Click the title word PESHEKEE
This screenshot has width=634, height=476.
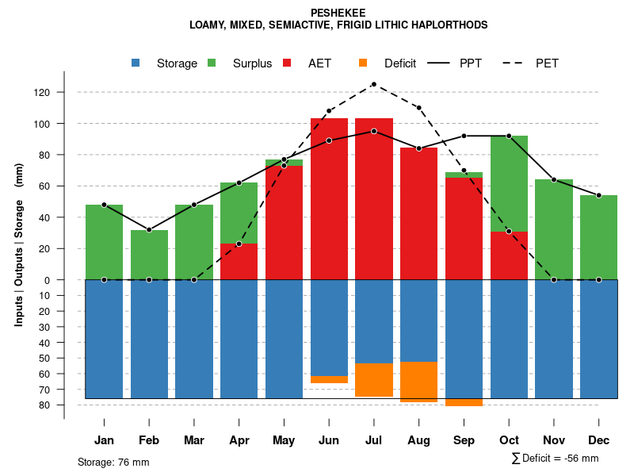click(x=338, y=13)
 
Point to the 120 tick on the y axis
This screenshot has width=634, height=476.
click(x=41, y=93)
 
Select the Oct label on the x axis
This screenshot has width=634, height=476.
click(x=509, y=440)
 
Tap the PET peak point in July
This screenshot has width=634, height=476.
click(x=373, y=84)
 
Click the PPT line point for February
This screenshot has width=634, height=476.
click(x=149, y=230)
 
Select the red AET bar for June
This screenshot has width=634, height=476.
click(x=329, y=198)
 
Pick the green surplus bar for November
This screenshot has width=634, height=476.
click(x=554, y=230)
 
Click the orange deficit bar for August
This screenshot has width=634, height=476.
click(x=418, y=382)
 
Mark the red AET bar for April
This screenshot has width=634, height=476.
click(x=239, y=262)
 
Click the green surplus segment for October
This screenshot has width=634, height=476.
click(x=509, y=183)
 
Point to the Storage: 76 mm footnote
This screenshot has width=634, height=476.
click(x=113, y=462)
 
